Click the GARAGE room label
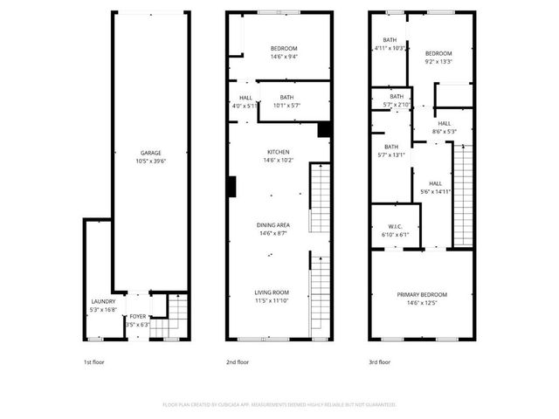click(x=151, y=153)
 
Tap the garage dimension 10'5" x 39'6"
click(x=151, y=161)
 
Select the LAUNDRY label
click(x=103, y=301)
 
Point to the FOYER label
click(x=138, y=317)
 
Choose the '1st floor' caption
click(x=93, y=361)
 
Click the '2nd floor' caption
click(x=238, y=361)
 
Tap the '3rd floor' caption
click(x=379, y=361)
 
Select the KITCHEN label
click(x=278, y=152)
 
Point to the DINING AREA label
click(x=273, y=225)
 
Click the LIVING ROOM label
click(x=272, y=292)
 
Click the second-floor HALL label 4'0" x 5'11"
click(x=245, y=106)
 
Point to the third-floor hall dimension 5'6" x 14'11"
click(x=434, y=192)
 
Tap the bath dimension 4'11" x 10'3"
click(x=390, y=48)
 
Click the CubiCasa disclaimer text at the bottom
click(x=279, y=405)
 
